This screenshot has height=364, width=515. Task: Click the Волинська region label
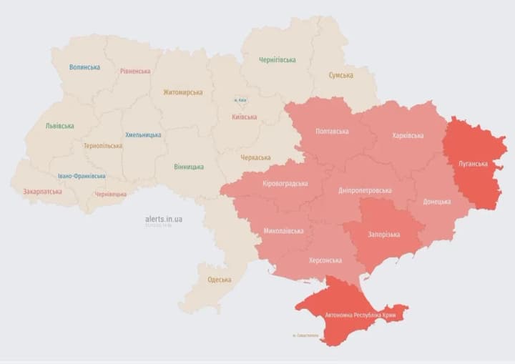84,67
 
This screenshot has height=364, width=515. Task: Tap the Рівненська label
135,72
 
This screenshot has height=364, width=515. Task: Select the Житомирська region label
182,92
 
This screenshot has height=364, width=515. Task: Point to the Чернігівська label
278,60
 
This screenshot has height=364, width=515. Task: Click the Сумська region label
340,75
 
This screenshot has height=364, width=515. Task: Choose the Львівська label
59,126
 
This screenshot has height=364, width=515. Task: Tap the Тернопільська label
102,146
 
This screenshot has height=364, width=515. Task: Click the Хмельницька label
143,134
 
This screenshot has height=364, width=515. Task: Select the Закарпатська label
42,192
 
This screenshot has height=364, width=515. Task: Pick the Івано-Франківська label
82,176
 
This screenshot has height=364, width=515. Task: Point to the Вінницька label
189,167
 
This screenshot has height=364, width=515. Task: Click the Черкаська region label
255,157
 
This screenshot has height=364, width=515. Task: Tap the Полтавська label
332,132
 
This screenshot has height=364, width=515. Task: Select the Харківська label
408,136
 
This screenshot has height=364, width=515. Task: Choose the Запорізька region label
383,235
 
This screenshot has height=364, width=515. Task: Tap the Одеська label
219,280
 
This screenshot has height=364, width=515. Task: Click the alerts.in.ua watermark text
164,219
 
